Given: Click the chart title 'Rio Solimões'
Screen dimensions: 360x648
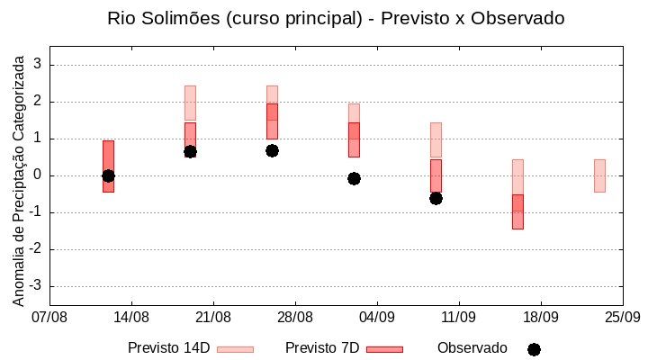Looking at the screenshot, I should (336, 18).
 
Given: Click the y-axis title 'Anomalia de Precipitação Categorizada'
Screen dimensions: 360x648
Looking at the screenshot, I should (19, 180).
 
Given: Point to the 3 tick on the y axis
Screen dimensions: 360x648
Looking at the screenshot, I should (37, 65).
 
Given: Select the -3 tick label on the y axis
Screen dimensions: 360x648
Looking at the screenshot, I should (34, 286).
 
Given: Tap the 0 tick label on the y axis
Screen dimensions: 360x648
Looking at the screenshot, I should (37, 175).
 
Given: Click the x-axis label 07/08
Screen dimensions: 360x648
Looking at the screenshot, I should (49, 317).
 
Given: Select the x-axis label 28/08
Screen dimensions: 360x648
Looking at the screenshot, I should (294, 317).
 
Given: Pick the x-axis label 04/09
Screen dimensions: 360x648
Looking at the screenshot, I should (376, 317).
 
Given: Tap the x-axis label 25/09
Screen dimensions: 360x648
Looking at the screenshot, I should (622, 317).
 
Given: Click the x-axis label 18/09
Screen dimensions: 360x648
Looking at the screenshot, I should (540, 317).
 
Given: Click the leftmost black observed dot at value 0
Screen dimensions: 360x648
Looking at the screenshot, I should (108, 175).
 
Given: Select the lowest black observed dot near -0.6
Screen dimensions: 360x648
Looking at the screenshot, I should (436, 198).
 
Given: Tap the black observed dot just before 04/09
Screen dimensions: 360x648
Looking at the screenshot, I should (354, 178).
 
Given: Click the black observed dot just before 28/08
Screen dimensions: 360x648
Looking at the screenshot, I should (272, 150).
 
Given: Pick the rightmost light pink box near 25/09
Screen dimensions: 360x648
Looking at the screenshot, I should (599, 175).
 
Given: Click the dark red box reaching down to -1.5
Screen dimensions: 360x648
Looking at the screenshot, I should (517, 212).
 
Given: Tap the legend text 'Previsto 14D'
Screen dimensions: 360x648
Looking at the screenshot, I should (169, 348).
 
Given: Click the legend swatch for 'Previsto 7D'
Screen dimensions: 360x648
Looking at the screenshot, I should (384, 349).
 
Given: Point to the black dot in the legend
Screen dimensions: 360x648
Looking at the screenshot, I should (534, 349).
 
